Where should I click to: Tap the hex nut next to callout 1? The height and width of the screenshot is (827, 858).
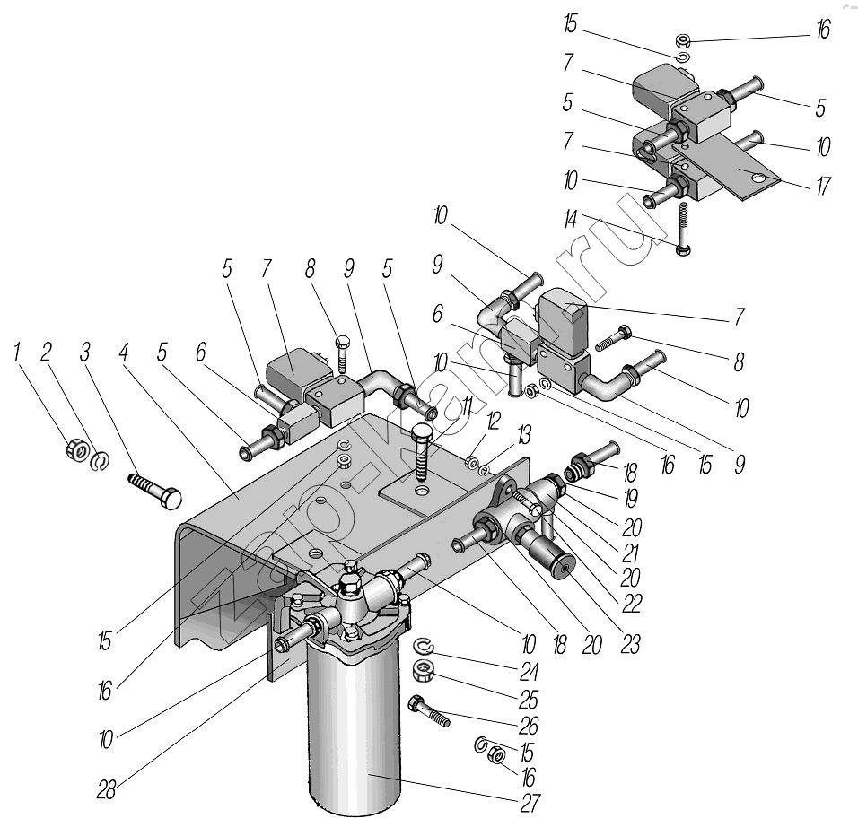[x=77, y=448]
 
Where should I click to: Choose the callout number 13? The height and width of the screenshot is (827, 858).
[x=523, y=435]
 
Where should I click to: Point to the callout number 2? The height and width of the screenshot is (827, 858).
[x=46, y=353]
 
